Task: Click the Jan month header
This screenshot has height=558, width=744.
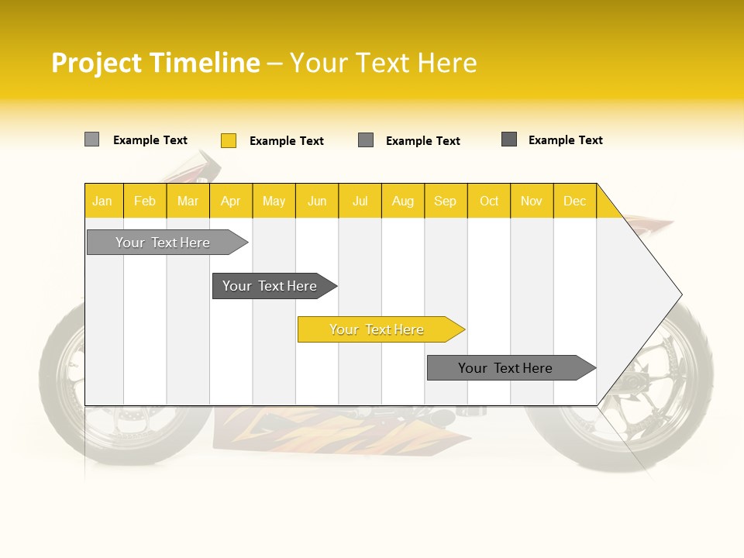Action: (x=102, y=201)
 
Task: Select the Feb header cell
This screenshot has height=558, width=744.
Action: (x=145, y=201)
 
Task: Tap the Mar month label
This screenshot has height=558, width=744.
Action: (x=188, y=201)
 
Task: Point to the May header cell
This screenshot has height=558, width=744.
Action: (x=274, y=201)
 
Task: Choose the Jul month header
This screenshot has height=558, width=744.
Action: (x=360, y=201)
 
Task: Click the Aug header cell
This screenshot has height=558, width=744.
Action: (x=403, y=201)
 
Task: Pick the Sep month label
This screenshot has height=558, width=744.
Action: (x=446, y=201)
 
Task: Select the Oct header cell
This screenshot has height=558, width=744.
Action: (x=489, y=201)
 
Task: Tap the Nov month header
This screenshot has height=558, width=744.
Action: (x=532, y=201)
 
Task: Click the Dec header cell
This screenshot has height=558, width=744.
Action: (x=574, y=201)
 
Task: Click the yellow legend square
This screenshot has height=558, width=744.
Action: (x=229, y=140)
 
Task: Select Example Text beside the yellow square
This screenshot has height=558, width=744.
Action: (x=286, y=141)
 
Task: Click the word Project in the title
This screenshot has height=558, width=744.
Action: (x=98, y=63)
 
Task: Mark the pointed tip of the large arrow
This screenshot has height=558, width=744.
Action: (x=680, y=294)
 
